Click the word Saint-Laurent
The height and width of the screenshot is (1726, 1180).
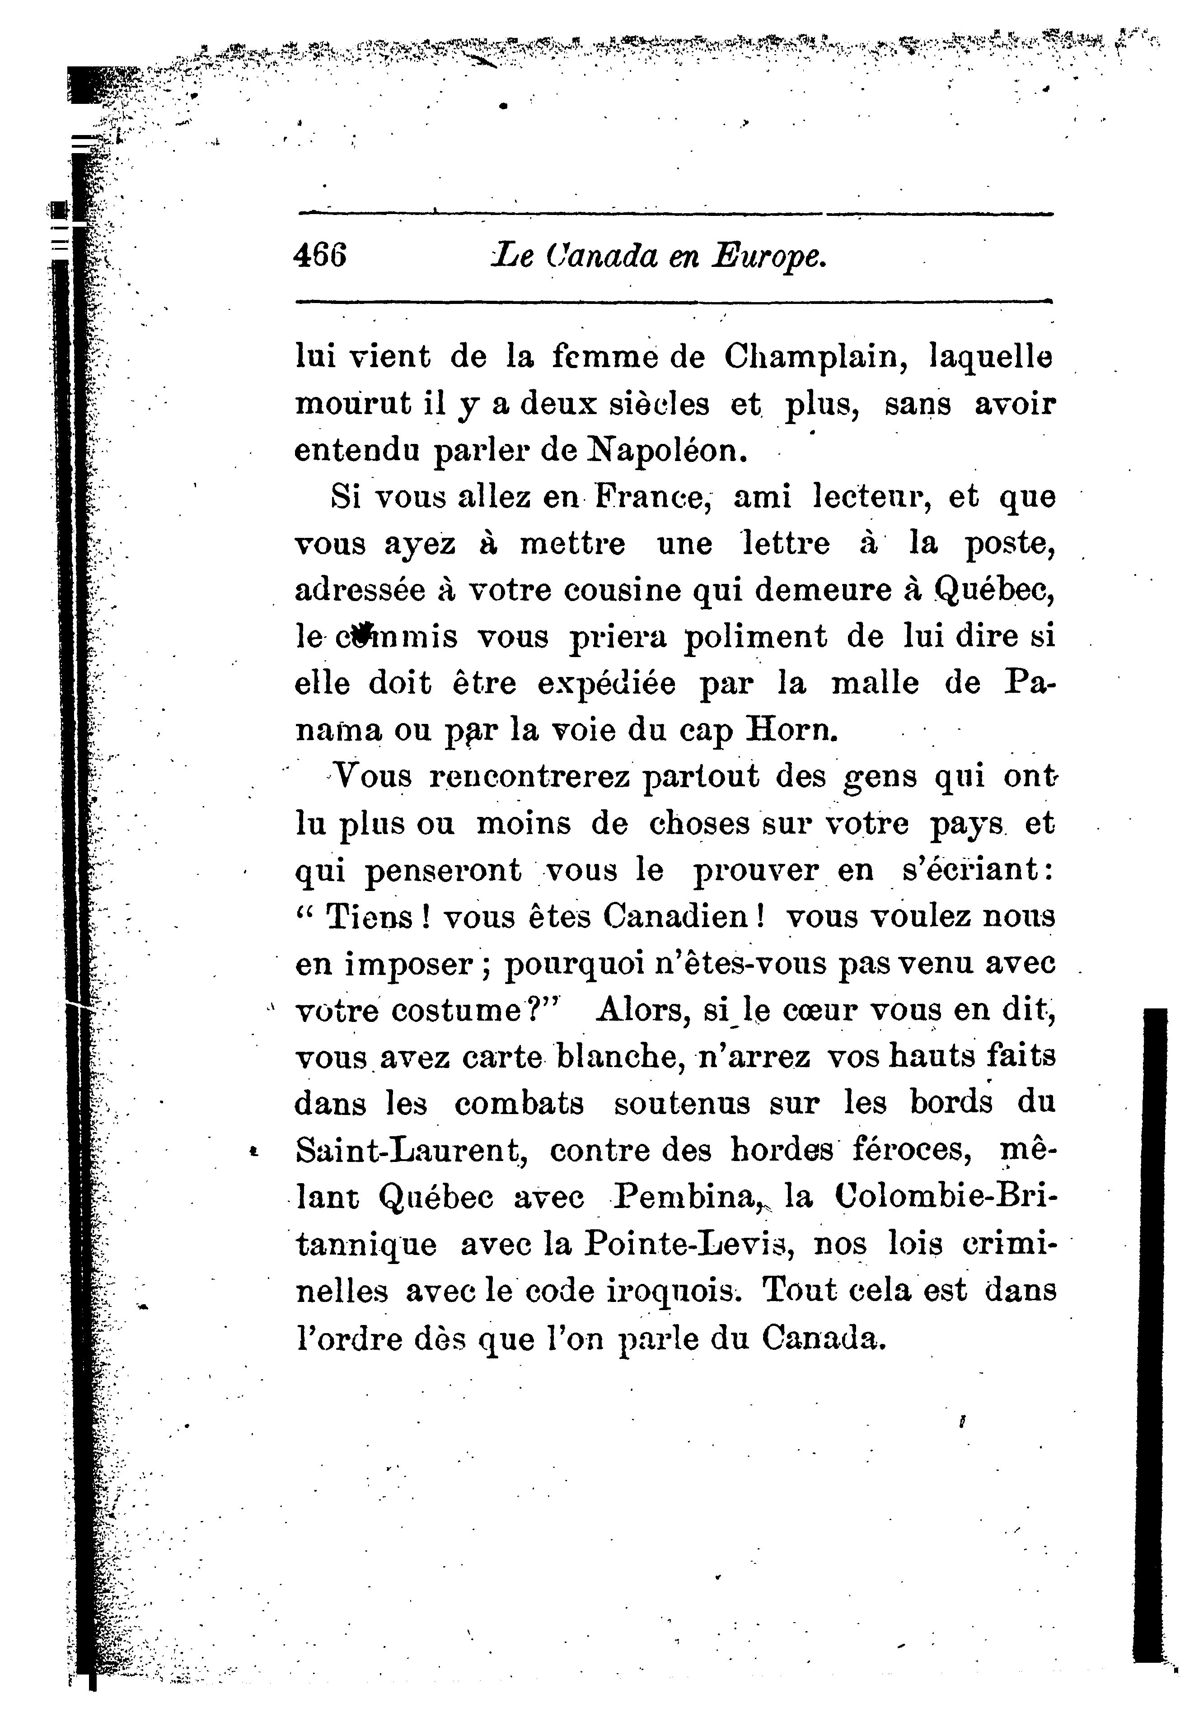(x=412, y=1150)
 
